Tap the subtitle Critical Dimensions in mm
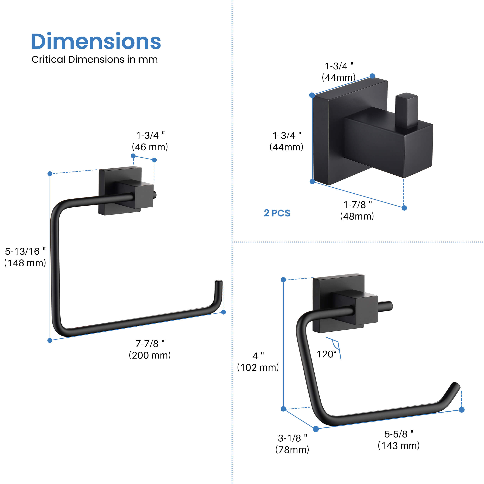(95, 59)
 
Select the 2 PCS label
(277, 213)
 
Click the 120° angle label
(326, 354)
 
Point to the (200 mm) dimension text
(150, 355)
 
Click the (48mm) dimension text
(357, 216)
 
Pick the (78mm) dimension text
(292, 450)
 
